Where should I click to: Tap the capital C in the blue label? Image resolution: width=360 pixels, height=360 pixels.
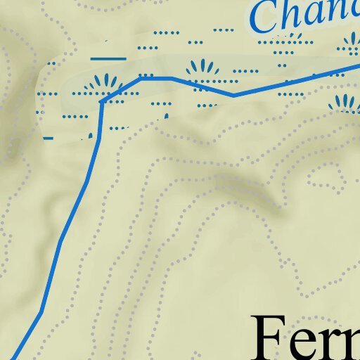(266, 17)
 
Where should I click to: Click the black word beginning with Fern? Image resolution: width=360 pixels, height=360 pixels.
(306, 339)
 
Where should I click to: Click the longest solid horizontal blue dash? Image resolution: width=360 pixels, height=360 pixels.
(109, 58)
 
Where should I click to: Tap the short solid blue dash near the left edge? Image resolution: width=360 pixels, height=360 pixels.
(48, 139)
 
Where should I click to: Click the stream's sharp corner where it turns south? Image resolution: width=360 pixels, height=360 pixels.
(102, 102)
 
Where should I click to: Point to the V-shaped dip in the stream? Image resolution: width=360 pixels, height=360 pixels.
(234, 95)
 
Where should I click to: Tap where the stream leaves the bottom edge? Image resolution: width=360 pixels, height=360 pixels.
(13, 359)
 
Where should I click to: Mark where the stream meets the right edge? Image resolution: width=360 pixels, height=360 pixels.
(359, 65)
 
